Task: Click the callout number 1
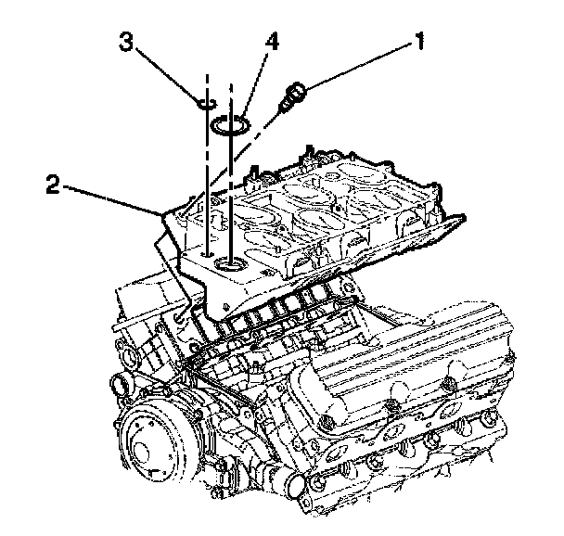click(x=419, y=41)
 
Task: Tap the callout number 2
click(x=53, y=184)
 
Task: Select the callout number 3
click(x=126, y=42)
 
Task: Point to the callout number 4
click(x=273, y=43)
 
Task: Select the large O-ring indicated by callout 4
click(x=230, y=125)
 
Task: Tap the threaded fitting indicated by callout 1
click(x=292, y=96)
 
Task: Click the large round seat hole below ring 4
click(x=230, y=265)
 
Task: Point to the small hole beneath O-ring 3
click(x=208, y=254)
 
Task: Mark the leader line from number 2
click(x=112, y=200)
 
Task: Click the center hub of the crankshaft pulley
click(x=141, y=451)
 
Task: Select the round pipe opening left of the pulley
click(x=121, y=389)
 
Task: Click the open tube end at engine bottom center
click(x=297, y=486)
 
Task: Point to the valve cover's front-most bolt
click(x=328, y=422)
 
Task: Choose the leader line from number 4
click(x=255, y=84)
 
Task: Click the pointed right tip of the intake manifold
click(x=463, y=217)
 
